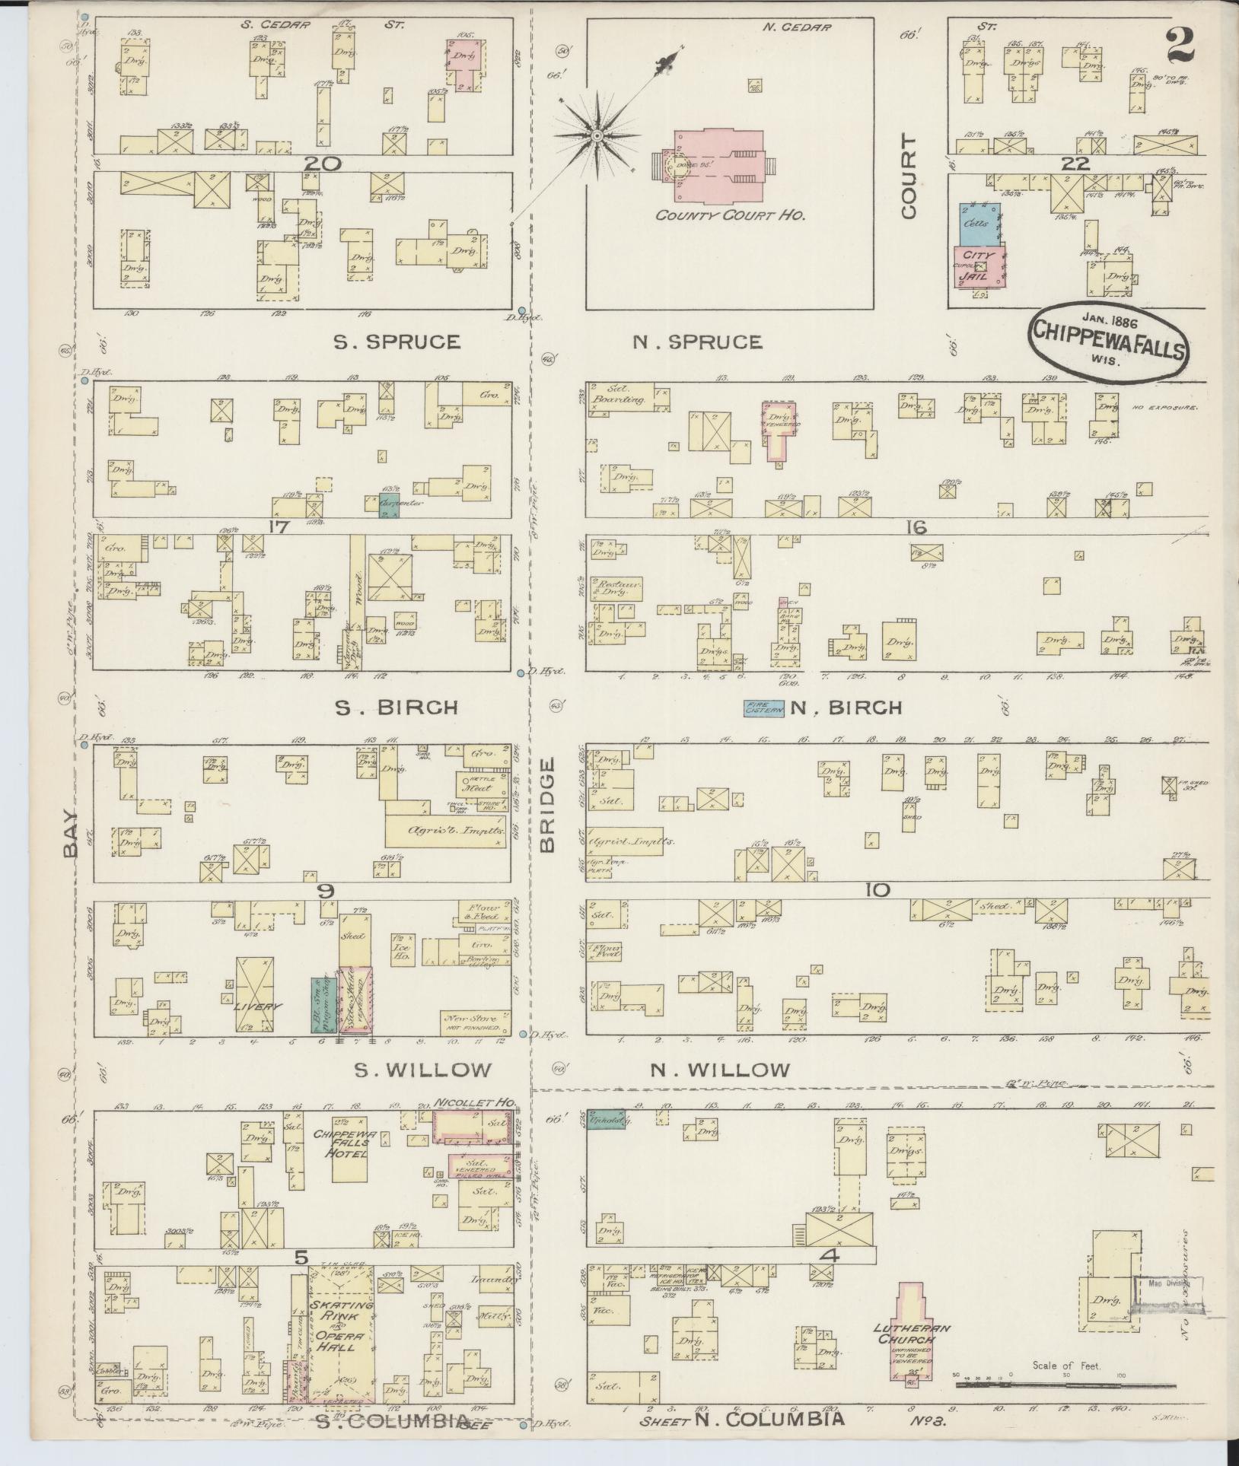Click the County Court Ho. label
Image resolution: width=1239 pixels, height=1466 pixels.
tap(731, 215)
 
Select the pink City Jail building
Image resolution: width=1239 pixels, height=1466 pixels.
tap(976, 266)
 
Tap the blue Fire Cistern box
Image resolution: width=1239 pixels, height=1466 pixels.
tap(763, 708)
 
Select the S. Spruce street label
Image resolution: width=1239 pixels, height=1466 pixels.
tap(397, 342)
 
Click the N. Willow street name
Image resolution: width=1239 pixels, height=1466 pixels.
tap(719, 1070)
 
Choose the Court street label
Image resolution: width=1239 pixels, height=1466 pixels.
tap(909, 177)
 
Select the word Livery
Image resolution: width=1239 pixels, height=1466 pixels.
tap(257, 1006)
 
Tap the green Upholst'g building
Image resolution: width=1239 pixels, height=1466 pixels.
tap(606, 1119)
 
